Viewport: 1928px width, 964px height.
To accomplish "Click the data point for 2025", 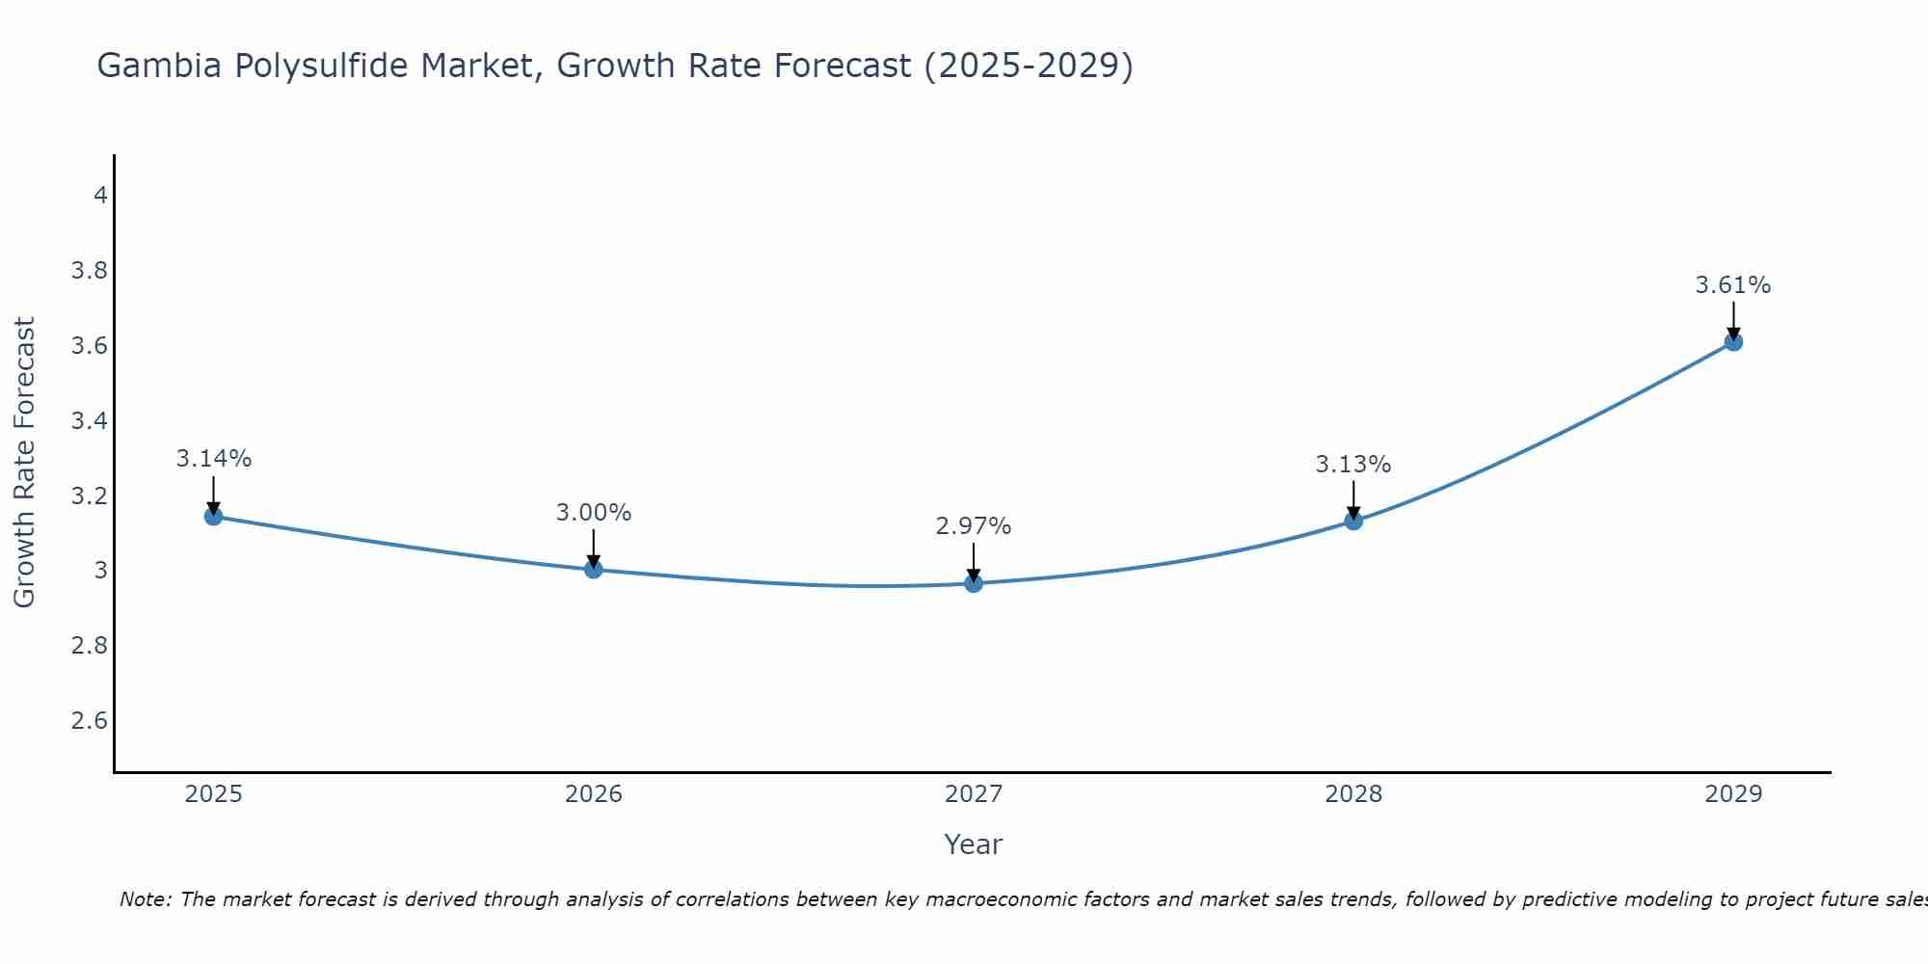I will click(213, 517).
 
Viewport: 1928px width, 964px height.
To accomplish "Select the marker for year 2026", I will click(593, 570).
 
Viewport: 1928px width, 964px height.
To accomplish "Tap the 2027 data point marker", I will click(974, 583).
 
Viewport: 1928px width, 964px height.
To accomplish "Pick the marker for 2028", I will click(1353, 522).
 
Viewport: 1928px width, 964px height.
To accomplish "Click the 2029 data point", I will click(1733, 342).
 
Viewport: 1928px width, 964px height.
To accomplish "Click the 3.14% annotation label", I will click(213, 459).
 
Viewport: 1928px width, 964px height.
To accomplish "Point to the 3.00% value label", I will click(593, 513).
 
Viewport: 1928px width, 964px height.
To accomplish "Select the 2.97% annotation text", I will click(974, 526).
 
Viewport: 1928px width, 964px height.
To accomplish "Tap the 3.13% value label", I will click(1353, 465).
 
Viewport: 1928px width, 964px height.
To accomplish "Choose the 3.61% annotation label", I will click(1733, 285).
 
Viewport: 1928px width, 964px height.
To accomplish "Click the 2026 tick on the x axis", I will click(593, 794).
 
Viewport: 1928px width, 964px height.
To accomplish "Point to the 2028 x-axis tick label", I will click(1353, 794).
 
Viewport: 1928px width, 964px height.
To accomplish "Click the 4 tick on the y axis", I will click(99, 196).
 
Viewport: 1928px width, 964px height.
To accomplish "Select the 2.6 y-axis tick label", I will click(89, 721).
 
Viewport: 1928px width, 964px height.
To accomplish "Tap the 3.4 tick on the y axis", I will click(89, 421).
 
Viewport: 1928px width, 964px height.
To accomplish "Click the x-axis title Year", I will click(974, 844).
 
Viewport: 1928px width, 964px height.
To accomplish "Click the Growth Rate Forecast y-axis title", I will click(24, 463).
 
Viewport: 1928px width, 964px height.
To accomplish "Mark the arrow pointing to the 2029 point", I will click(1733, 321).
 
